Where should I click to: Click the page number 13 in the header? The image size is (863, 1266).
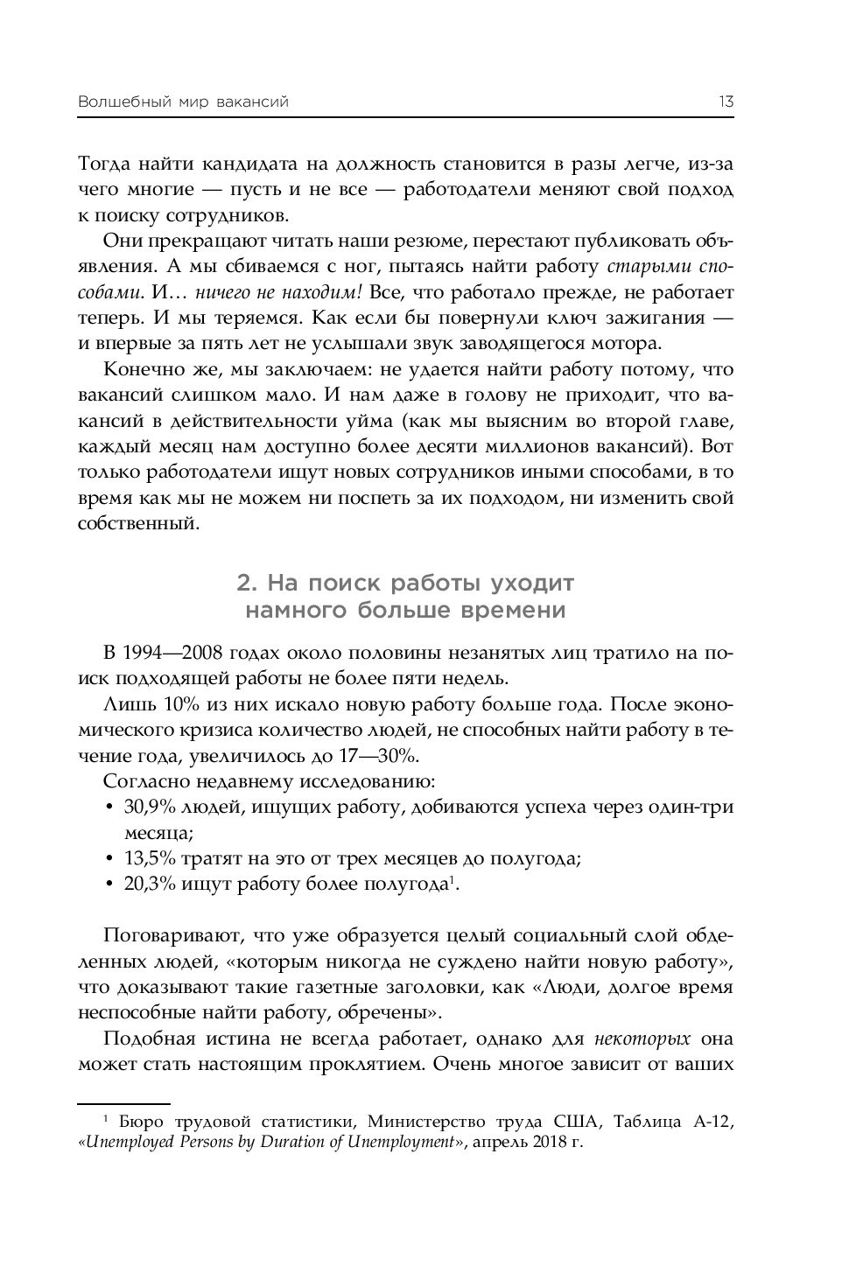tap(726, 102)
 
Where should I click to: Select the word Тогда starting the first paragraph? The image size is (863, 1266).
tap(103, 164)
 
